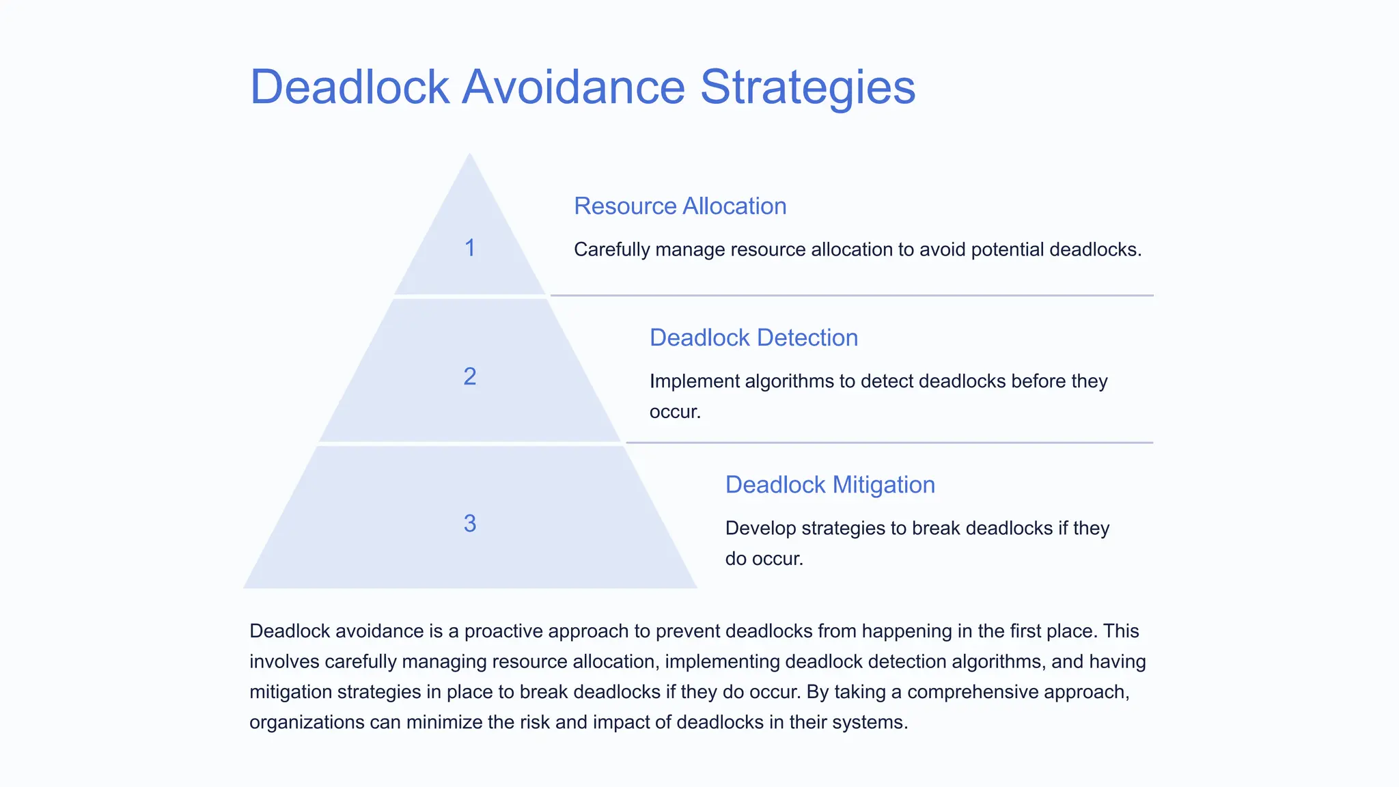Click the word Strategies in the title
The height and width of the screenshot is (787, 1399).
pos(807,87)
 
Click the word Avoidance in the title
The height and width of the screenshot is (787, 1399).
pos(573,87)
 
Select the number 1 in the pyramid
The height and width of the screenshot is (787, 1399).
pos(470,248)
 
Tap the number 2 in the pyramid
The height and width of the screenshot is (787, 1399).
pos(470,376)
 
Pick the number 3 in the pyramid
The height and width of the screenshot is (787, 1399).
pos(470,523)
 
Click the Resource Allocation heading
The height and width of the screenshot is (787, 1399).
pos(680,206)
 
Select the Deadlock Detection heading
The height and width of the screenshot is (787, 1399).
pos(753,338)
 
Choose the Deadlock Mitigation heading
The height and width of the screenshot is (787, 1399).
pos(830,485)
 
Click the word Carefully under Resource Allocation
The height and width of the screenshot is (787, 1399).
pos(611,250)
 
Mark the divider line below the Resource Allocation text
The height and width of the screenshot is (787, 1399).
pos(852,296)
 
